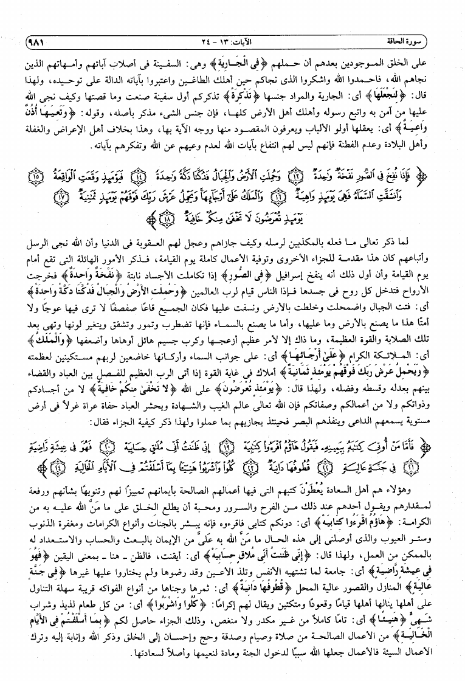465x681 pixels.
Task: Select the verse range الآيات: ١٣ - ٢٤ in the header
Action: click(x=232, y=42)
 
